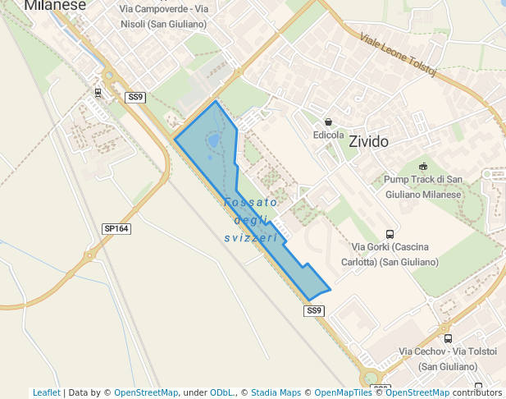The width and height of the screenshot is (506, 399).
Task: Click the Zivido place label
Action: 368,141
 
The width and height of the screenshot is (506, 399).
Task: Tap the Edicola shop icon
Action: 328,122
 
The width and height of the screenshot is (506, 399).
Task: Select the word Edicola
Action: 328,135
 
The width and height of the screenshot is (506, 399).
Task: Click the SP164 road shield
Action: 116,228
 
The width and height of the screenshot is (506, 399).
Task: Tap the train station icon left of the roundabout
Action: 98,93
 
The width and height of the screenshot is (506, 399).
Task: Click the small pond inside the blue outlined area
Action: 214,141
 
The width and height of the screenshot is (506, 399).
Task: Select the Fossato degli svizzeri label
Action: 251,219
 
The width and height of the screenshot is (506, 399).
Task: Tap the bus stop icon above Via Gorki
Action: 390,234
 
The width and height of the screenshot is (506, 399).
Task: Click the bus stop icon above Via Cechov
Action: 448,338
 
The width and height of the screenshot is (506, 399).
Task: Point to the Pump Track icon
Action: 423,167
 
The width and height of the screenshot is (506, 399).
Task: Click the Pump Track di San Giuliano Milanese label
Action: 423,187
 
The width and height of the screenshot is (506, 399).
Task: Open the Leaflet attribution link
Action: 46,392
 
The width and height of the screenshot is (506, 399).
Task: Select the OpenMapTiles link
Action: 343,392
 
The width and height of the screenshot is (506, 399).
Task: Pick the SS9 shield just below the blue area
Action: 315,310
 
